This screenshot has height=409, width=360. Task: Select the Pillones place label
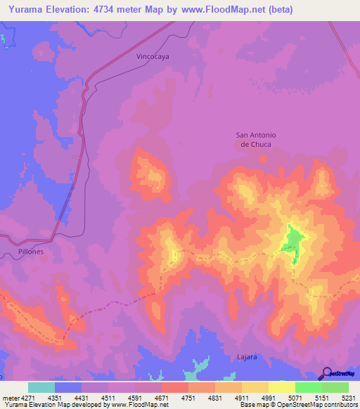pos(27,251)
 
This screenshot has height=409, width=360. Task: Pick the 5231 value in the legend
pos(348,398)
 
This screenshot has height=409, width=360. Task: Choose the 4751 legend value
pos(188,398)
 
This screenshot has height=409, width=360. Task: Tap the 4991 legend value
pos(268,398)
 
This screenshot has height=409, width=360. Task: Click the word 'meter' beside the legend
pos(9,398)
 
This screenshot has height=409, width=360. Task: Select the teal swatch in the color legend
pos(41,387)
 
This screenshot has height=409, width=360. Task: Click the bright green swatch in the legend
pos(308,387)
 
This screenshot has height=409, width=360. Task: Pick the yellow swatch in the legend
pos(281,387)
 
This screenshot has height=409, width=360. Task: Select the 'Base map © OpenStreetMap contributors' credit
pos(299,405)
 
